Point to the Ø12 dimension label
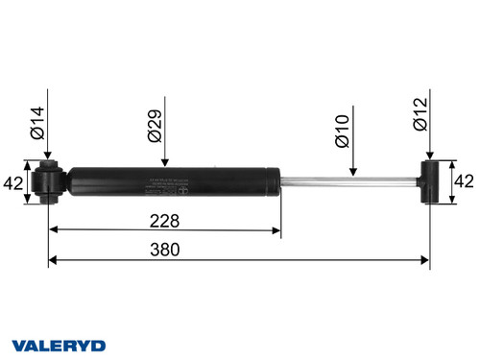[x=419, y=122]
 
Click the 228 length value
[x=164, y=220]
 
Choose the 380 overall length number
[x=239, y=248]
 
